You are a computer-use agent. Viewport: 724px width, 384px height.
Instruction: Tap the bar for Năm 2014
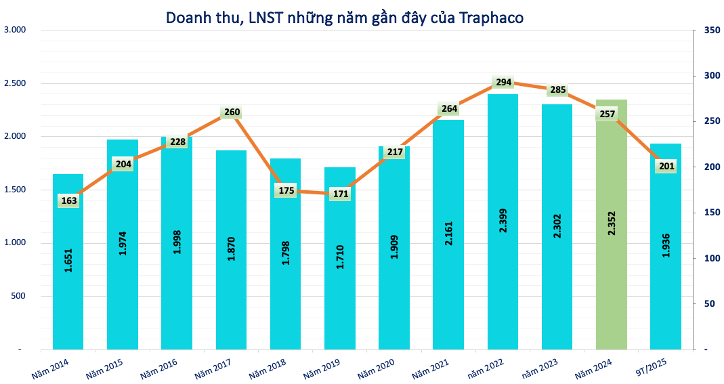click(68, 305)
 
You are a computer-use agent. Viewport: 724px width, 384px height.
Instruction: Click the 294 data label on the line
click(503, 82)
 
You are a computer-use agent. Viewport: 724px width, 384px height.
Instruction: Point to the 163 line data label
click(69, 200)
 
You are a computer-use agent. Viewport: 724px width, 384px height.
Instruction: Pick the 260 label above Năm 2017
click(232, 112)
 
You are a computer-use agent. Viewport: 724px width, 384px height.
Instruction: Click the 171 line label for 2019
click(340, 194)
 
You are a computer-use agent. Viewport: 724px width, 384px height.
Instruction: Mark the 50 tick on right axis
click(708, 304)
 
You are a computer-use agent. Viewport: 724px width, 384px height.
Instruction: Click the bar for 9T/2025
click(666, 284)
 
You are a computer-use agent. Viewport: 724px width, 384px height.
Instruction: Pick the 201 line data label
click(666, 167)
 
